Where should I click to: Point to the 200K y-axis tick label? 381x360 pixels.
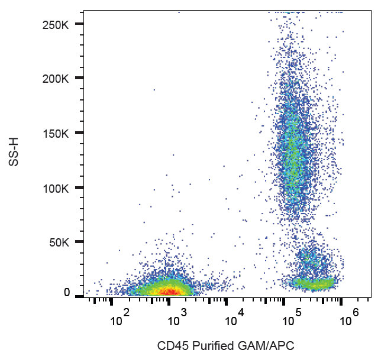pyautogui.click(x=58, y=79)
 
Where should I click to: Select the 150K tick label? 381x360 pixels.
pyautogui.click(x=58, y=134)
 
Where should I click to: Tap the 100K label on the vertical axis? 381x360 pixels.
pyautogui.click(x=58, y=189)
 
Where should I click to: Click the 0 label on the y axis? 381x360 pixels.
pyautogui.click(x=67, y=292)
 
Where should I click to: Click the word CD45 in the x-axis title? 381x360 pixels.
pyautogui.click(x=170, y=345)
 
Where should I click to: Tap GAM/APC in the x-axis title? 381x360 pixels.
pyautogui.click(x=261, y=345)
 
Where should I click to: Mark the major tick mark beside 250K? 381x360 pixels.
pyautogui.click(x=79, y=23)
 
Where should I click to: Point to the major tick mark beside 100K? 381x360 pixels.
pyautogui.click(x=79, y=188)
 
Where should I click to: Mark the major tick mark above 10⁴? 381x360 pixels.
pyautogui.click(x=226, y=302)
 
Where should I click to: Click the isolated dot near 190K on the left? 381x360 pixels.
pyautogui.click(x=154, y=90)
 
